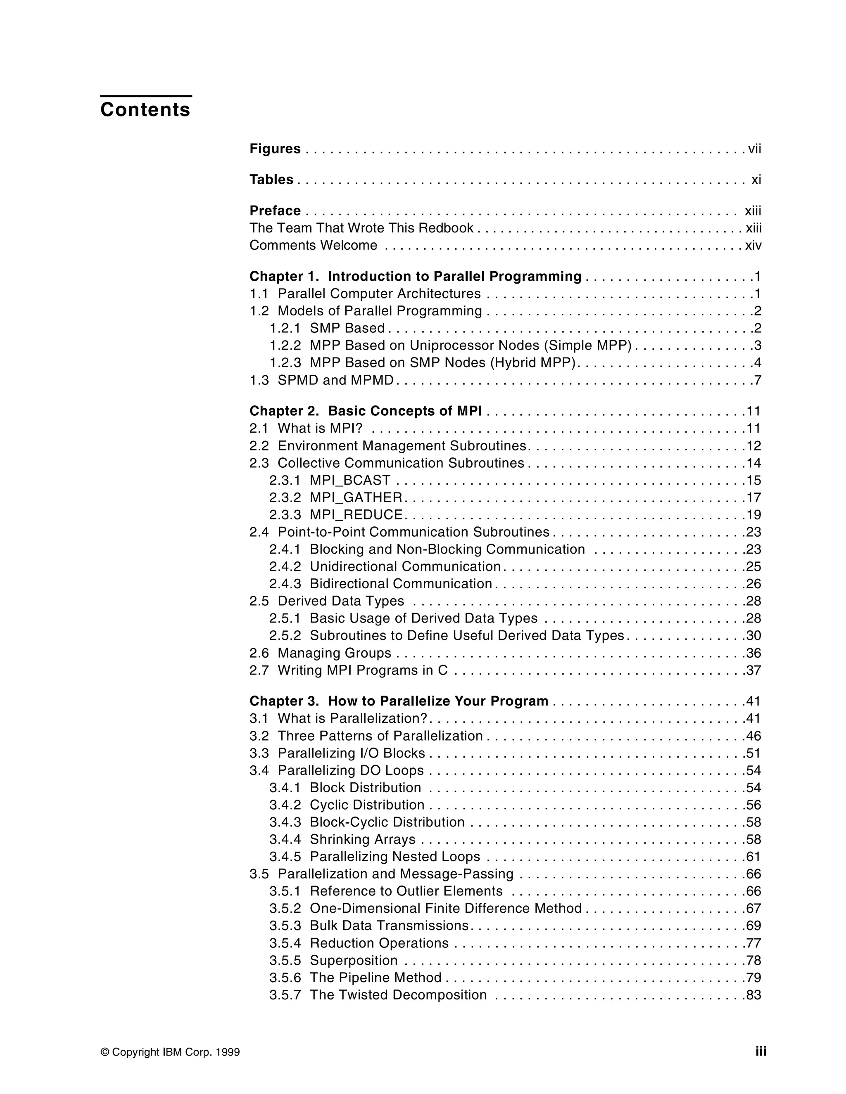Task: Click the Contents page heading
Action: [x=145, y=110]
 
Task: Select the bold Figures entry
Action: [x=275, y=149]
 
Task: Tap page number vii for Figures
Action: [x=754, y=149]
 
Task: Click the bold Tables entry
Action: [x=271, y=179]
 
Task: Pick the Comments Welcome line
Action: [x=313, y=246]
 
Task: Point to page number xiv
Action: [x=753, y=246]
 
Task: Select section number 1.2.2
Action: [x=285, y=346]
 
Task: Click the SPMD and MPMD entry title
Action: [x=335, y=380]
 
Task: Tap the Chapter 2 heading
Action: [x=365, y=411]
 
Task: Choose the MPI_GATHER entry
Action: [x=356, y=497]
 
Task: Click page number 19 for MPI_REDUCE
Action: [x=753, y=515]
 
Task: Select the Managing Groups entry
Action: [x=334, y=653]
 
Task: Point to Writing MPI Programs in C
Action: [x=362, y=670]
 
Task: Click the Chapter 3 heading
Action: [x=399, y=701]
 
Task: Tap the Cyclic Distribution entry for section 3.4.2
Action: [x=367, y=805]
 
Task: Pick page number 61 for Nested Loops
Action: [x=753, y=857]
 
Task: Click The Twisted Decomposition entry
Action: [x=398, y=995]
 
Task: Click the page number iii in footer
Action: [x=761, y=1051]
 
